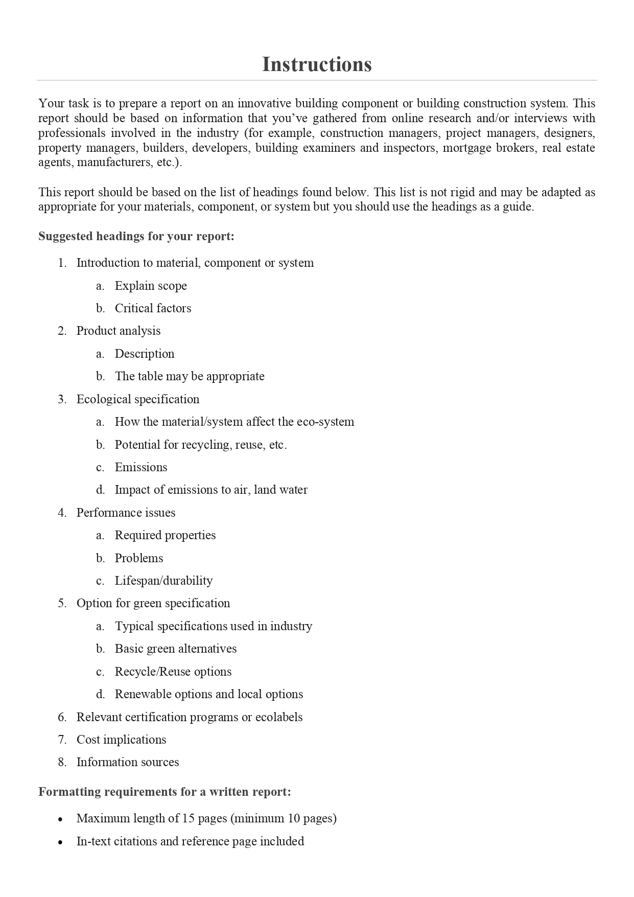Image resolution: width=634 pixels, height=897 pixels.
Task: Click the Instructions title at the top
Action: click(317, 64)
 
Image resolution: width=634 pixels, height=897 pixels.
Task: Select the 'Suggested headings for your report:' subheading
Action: click(136, 236)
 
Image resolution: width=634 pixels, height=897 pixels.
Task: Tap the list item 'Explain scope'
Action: click(151, 286)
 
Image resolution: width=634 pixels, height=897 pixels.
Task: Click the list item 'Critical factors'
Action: click(153, 308)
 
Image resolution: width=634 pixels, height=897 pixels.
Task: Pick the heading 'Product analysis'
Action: click(119, 331)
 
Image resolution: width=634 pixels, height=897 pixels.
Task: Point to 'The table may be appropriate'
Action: click(190, 376)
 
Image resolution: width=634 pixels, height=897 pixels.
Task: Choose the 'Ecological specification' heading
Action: click(138, 399)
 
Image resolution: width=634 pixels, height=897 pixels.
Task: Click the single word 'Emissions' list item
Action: click(141, 467)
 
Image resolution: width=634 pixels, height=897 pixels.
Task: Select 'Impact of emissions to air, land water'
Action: click(211, 490)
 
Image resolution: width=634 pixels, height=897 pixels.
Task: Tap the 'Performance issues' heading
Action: click(126, 513)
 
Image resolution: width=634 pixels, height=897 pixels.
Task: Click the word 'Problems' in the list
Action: click(139, 558)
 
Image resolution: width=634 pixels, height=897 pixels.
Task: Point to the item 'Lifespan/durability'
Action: click(163, 581)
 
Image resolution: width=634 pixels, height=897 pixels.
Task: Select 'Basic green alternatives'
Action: click(176, 649)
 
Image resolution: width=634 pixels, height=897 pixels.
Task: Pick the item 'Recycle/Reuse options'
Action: click(173, 672)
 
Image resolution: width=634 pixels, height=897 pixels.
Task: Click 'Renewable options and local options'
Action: click(209, 694)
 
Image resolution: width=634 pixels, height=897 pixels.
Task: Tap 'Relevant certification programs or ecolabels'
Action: click(190, 717)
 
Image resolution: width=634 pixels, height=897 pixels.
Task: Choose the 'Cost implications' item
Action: click(121, 740)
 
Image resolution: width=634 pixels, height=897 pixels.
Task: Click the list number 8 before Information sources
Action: click(62, 763)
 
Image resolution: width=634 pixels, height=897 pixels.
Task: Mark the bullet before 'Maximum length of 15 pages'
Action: click(61, 819)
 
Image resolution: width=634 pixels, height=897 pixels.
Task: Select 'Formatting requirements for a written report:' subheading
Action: click(165, 792)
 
